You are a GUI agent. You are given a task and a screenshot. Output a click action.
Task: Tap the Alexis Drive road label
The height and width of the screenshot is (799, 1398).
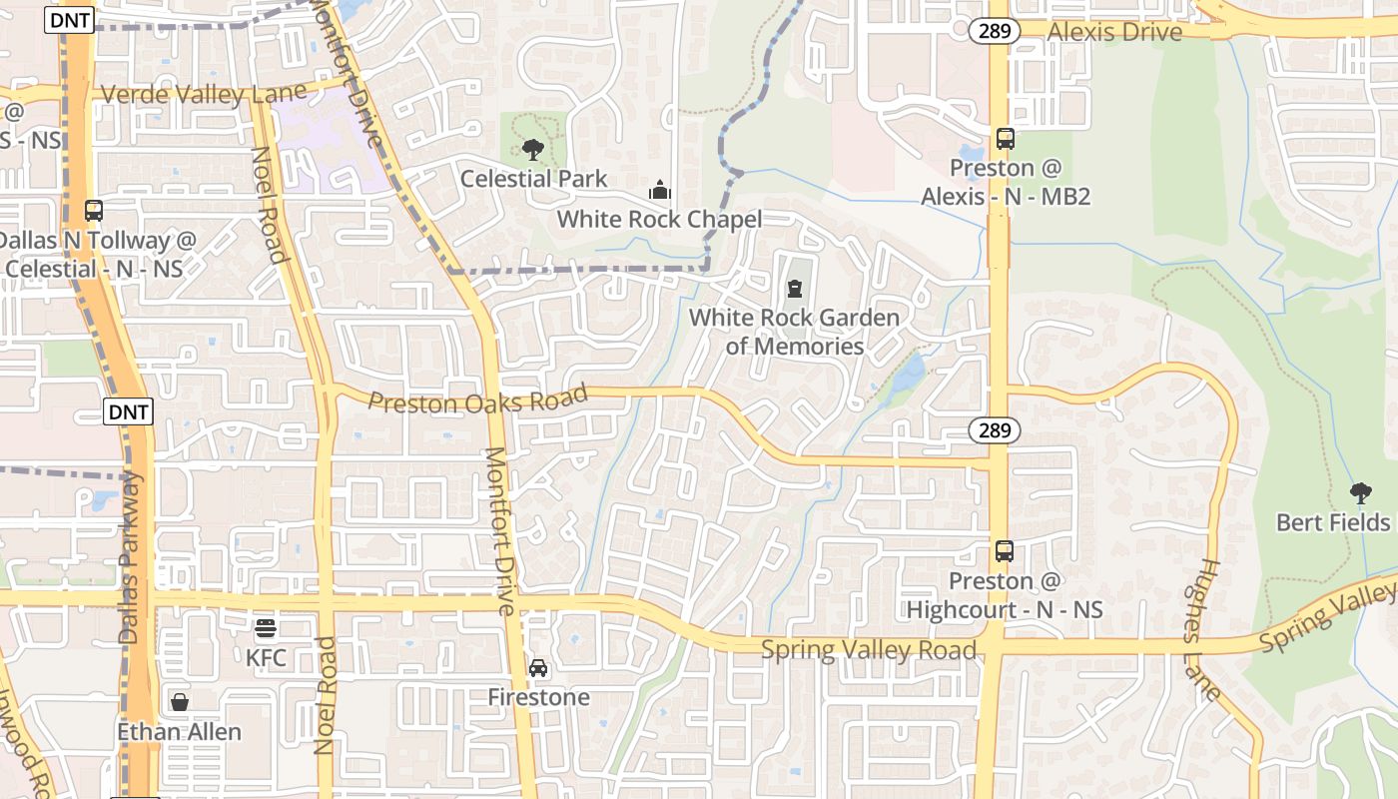[x=1114, y=31]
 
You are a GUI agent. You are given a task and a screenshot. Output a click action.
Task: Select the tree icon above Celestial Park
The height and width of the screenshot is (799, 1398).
[x=533, y=150]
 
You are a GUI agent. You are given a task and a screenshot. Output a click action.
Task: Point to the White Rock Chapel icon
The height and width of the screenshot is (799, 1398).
[x=659, y=190]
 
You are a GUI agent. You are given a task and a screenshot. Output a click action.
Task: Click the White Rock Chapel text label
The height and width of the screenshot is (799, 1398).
[x=659, y=220]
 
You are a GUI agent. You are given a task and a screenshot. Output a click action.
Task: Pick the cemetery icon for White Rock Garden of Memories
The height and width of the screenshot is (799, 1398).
[x=795, y=290]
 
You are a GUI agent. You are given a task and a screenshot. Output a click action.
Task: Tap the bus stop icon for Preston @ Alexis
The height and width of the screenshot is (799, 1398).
[x=1005, y=139]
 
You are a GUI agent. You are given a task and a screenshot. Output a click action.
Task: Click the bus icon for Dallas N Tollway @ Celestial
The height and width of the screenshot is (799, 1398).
[x=94, y=211]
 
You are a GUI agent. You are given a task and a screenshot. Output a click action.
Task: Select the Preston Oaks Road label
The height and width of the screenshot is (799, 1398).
[x=478, y=400]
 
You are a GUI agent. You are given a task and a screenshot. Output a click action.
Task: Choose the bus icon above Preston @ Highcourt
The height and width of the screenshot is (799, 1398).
[x=1005, y=550]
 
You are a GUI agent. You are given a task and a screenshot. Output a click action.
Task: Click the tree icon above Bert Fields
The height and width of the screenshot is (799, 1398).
[x=1360, y=492]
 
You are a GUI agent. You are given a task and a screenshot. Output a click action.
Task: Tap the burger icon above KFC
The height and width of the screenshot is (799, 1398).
[x=266, y=628]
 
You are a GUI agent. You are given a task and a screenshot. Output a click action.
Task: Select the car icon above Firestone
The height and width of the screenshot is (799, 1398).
[x=538, y=667]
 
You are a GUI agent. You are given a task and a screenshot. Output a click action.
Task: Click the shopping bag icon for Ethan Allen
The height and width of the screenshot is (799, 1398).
[x=180, y=702]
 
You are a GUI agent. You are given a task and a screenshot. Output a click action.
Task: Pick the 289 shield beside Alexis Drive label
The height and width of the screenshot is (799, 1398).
[x=994, y=31]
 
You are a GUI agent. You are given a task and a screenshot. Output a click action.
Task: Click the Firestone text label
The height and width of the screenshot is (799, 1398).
[x=538, y=697]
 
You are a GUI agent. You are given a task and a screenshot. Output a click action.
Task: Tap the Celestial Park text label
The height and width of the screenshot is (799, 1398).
[x=533, y=180]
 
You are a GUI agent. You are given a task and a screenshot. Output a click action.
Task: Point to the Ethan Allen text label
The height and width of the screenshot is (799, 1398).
[x=180, y=732]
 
